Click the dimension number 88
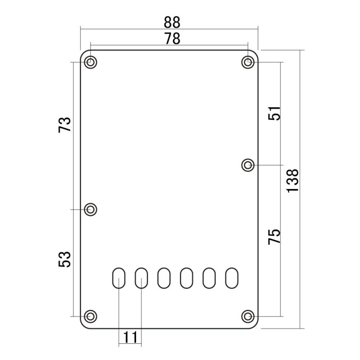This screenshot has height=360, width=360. pos(172,22)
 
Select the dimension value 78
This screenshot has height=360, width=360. pos(172,39)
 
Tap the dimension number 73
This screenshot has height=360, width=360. pos(64,125)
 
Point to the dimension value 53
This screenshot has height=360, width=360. pos(64,259)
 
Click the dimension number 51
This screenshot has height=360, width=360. pos(274,113)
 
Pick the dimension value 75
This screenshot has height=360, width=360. pos(274,237)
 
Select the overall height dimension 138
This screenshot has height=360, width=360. pos(293,181)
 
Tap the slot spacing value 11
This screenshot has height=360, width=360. pos(130,337)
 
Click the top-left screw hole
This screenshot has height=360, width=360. pos(91,62)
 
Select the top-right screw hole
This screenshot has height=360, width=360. pos(248,62)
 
